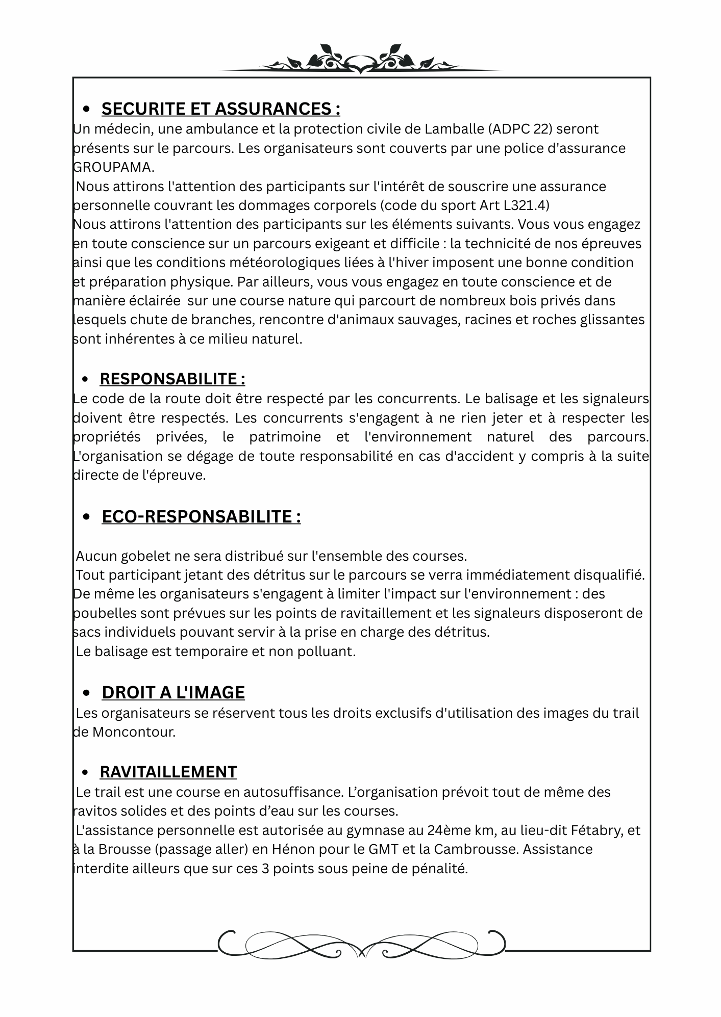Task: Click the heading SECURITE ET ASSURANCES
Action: coord(220,109)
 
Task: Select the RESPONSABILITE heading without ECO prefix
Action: coord(172,379)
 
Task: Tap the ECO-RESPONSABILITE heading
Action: coord(201,516)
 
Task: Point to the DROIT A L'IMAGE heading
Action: coord(173,692)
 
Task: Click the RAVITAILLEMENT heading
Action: coord(168,772)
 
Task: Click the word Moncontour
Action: coord(134,732)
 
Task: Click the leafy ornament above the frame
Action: coord(360,60)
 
